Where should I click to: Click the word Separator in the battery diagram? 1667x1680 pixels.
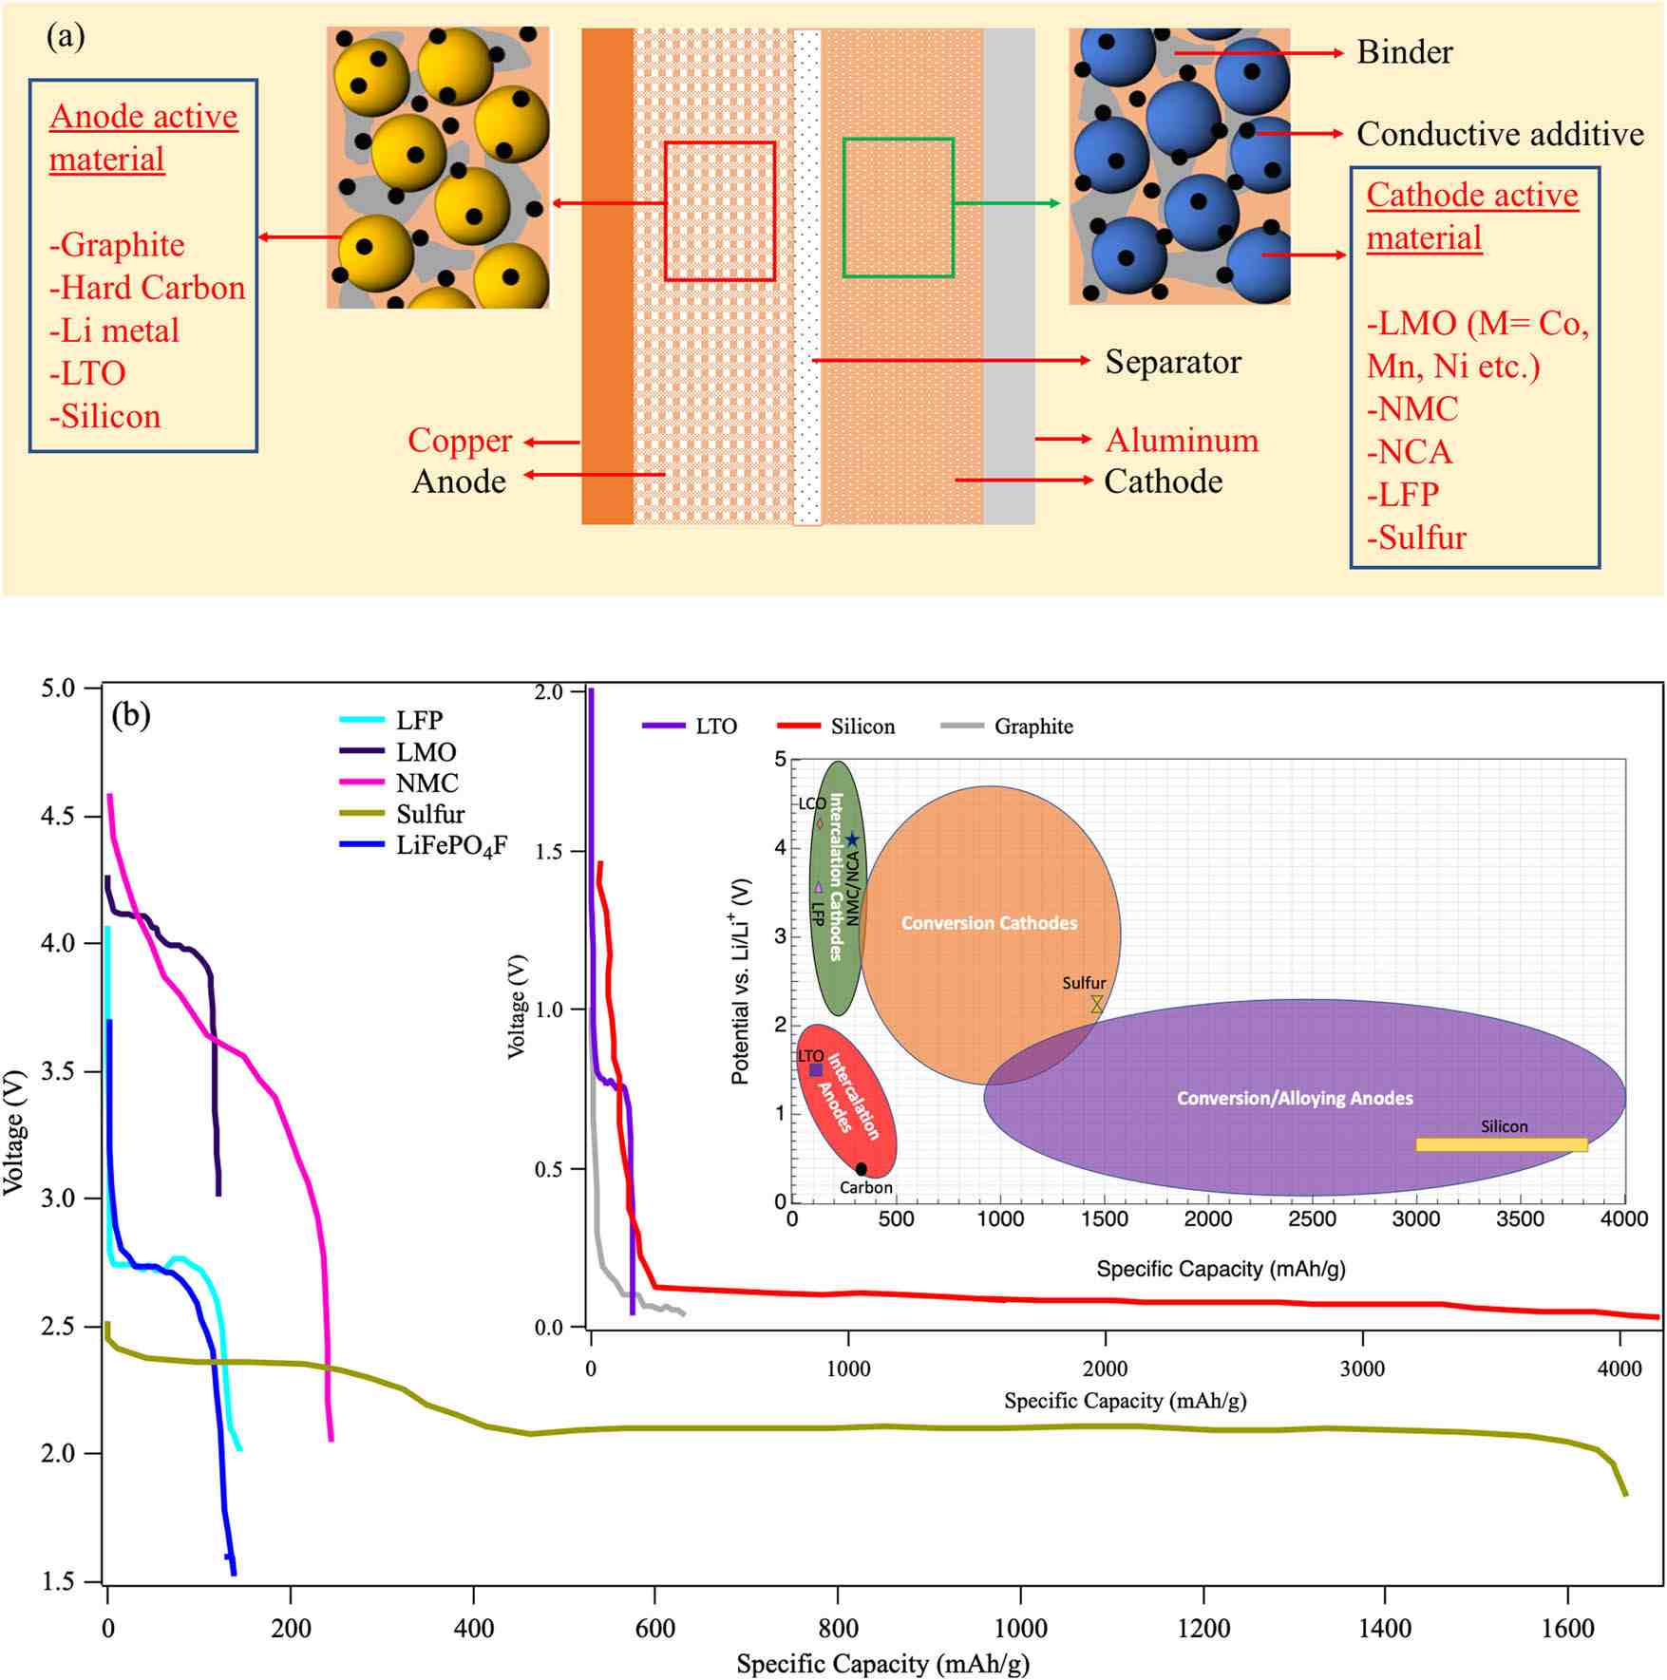click(x=1172, y=362)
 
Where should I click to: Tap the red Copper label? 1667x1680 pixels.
click(x=460, y=441)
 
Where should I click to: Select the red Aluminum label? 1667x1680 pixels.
click(x=1182, y=441)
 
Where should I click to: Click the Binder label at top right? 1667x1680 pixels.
click(x=1404, y=52)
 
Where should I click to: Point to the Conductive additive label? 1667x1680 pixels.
click(x=1499, y=134)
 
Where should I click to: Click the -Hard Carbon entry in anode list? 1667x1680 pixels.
click(x=147, y=288)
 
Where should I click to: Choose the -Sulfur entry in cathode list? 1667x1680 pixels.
click(x=1416, y=538)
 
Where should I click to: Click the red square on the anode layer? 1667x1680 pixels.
click(x=719, y=211)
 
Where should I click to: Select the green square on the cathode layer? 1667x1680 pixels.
click(x=898, y=208)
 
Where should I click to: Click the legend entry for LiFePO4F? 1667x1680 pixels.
click(x=451, y=845)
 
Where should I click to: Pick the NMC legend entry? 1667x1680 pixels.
click(x=426, y=783)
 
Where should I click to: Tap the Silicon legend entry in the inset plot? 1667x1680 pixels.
click(x=862, y=727)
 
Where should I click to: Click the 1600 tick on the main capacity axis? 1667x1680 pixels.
click(x=1566, y=1629)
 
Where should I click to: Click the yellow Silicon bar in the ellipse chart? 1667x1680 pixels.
click(x=1501, y=1144)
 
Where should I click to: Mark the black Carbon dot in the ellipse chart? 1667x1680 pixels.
click(x=861, y=1169)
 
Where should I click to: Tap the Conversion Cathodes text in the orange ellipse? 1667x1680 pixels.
click(x=989, y=923)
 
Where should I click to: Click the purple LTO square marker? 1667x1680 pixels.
click(x=816, y=1070)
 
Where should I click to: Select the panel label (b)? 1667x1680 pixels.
click(x=131, y=714)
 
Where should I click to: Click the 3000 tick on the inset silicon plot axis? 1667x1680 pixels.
click(x=1361, y=1369)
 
